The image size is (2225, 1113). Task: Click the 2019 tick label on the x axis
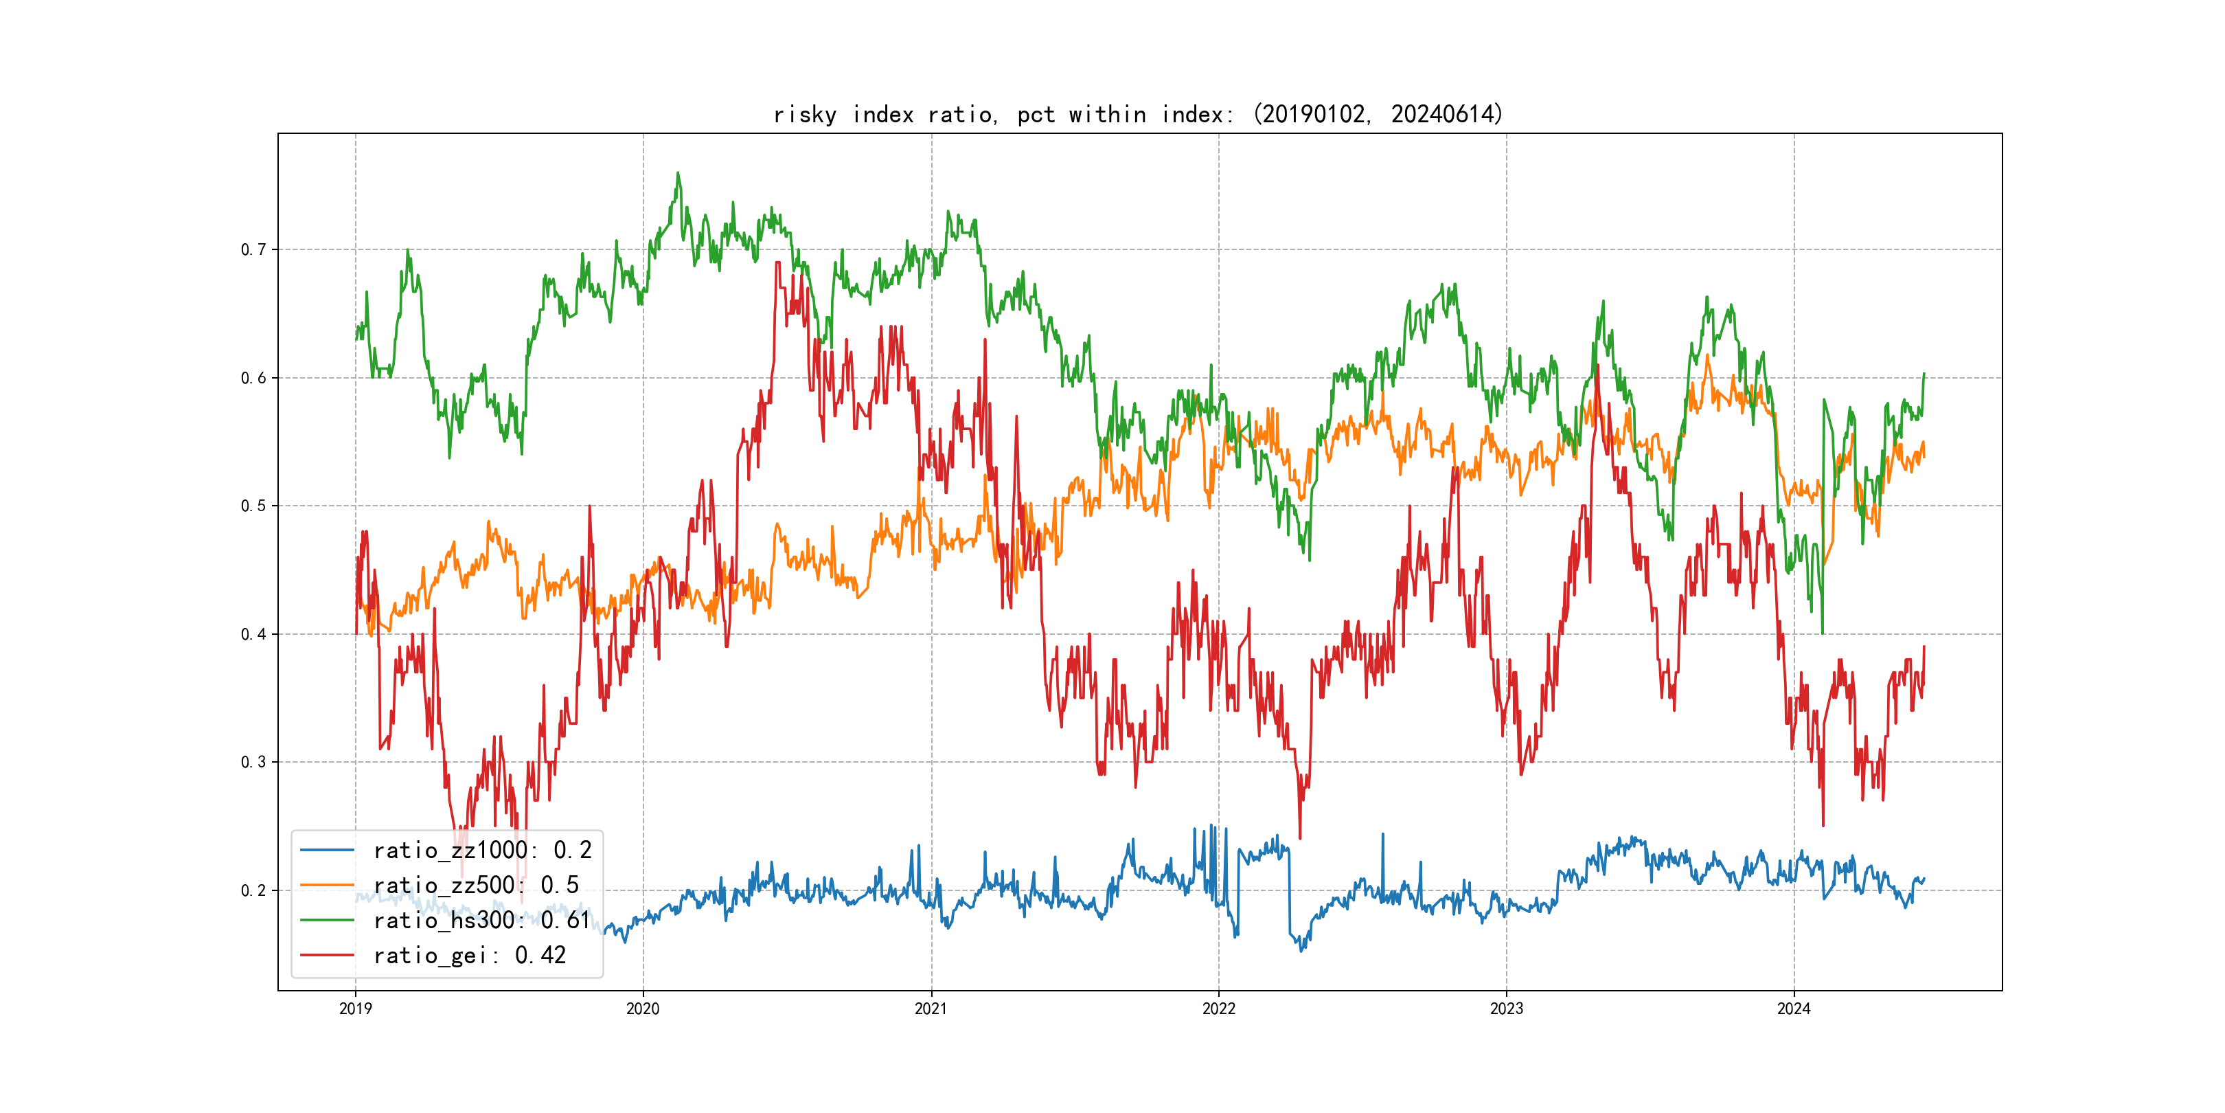[355, 1009]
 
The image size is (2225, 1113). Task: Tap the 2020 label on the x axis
[643, 1009]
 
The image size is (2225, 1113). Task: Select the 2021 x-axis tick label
[931, 1009]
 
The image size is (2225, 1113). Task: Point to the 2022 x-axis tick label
[1219, 1009]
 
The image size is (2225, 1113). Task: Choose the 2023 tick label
[1507, 1009]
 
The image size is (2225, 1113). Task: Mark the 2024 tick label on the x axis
[1794, 1009]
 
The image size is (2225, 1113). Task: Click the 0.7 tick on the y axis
[253, 249]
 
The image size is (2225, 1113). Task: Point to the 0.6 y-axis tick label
[253, 378]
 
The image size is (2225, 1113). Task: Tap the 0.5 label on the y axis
[253, 506]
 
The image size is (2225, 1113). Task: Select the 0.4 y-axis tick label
[253, 634]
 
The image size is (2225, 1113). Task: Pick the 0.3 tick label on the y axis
[253, 762]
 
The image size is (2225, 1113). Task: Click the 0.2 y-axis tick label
[253, 890]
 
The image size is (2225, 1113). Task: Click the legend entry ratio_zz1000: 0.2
[482, 851]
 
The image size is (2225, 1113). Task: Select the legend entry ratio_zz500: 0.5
[476, 885]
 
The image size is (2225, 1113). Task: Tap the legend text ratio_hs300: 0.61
[482, 921]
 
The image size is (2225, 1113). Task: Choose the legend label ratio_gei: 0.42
[469, 955]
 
